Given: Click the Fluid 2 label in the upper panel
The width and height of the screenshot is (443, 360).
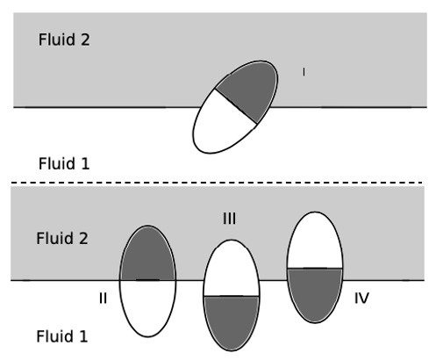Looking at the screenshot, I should [x=64, y=40].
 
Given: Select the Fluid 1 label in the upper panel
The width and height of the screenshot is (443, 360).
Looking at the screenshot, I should [x=64, y=163].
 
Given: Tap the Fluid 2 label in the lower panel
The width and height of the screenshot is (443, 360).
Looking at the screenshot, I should [x=64, y=238].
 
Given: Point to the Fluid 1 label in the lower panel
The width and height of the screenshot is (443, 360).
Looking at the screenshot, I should [x=64, y=335].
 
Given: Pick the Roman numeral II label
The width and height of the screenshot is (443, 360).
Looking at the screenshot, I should [x=103, y=299].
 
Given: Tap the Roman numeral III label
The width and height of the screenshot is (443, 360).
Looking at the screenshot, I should [x=230, y=218].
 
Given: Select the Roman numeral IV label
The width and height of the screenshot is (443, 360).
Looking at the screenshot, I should [x=361, y=299].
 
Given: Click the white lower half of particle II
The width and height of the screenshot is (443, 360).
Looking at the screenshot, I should [x=147, y=307].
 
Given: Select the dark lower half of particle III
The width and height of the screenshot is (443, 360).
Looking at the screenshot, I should [x=232, y=320].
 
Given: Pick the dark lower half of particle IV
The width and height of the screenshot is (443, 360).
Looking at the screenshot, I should [x=315, y=292].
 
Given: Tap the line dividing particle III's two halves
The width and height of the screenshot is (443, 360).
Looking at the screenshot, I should [x=232, y=296].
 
